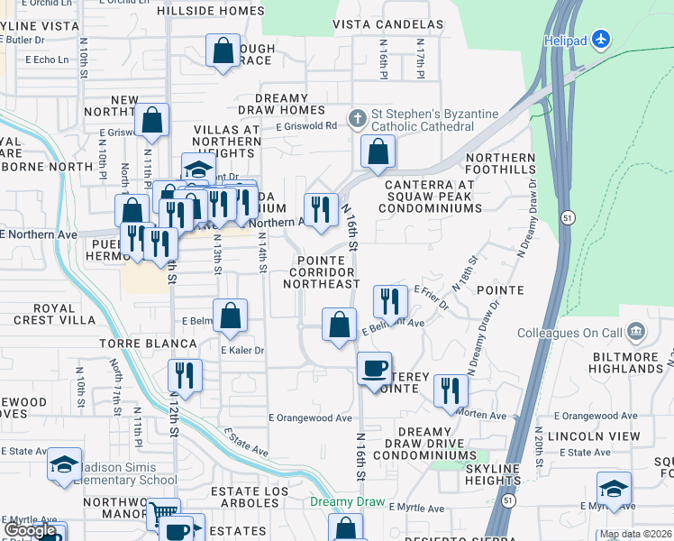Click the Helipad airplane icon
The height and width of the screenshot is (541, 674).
(603, 41)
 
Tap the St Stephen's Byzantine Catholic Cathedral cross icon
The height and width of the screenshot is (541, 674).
(358, 117)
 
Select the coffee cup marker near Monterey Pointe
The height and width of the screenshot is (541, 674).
(374, 369)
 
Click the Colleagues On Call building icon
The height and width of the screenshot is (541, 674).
(637, 331)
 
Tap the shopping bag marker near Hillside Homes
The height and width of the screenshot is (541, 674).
(223, 51)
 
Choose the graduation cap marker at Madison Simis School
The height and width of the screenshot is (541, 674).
(64, 465)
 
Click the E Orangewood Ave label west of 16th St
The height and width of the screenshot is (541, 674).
(310, 418)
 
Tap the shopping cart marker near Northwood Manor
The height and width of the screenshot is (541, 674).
(163, 515)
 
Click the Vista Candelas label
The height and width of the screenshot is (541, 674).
(387, 24)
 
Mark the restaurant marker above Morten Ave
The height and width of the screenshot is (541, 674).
(451, 390)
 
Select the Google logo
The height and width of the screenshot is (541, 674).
(30, 531)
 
